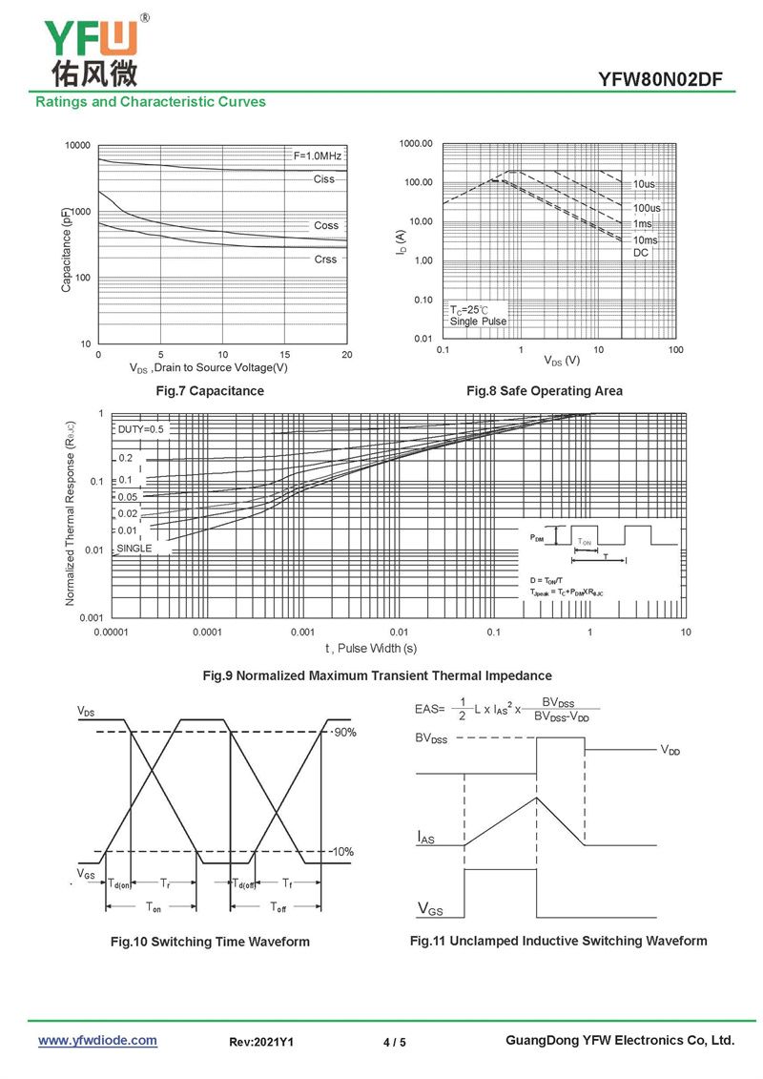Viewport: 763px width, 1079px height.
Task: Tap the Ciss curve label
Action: [324, 179]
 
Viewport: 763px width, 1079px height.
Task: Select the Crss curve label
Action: [325, 259]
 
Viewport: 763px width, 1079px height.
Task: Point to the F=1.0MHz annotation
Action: [317, 156]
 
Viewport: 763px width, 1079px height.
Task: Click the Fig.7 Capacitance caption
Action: [210, 391]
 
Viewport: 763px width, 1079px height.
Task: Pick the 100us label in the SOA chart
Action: [647, 208]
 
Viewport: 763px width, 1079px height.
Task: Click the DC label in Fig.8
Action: [641, 253]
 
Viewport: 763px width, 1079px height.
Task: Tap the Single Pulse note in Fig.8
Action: [478, 322]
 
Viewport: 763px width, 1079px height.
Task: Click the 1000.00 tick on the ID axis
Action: [416, 144]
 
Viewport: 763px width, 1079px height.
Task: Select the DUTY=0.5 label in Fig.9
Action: [141, 429]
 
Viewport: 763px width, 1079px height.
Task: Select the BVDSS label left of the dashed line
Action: [431, 738]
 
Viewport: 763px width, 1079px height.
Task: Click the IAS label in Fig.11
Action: [425, 837]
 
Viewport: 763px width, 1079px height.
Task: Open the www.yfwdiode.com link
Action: [97, 1040]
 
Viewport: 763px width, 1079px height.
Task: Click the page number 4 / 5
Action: [394, 1042]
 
